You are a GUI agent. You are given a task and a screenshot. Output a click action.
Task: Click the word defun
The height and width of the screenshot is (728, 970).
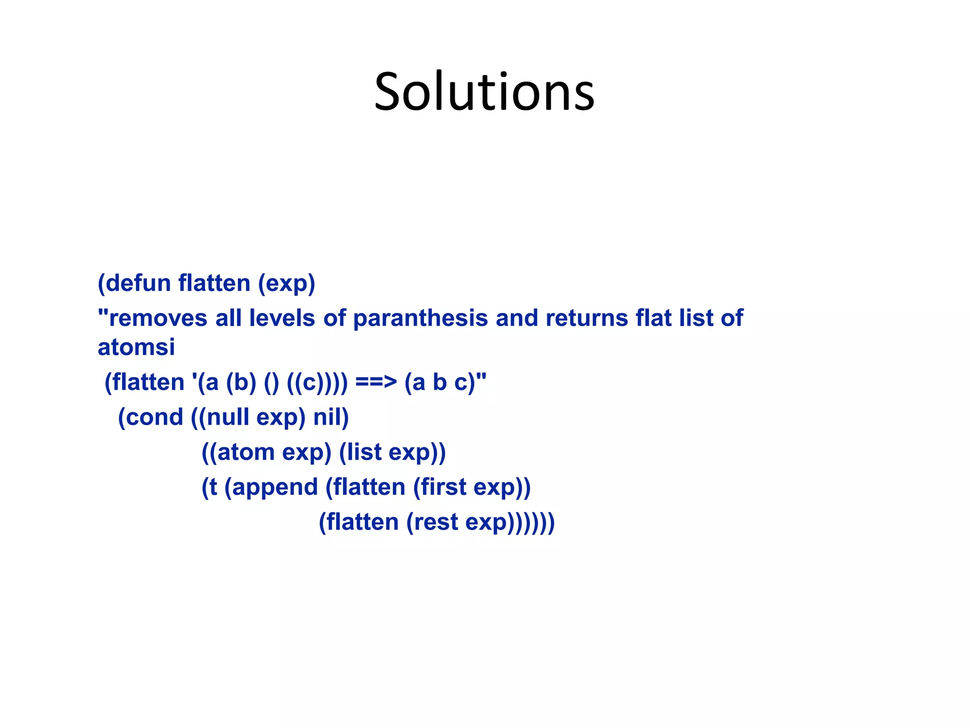[x=138, y=283]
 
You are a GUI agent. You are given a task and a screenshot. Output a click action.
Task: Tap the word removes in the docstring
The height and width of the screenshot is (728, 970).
[x=158, y=318]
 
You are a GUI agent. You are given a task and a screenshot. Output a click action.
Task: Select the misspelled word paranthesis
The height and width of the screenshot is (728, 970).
[x=421, y=318]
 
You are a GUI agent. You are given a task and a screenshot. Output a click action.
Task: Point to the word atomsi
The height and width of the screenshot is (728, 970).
[x=136, y=347]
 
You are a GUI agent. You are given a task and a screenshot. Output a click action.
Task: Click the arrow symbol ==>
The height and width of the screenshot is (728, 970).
[x=376, y=382]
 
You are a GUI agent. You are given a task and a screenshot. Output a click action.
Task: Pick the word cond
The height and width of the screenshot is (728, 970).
[x=153, y=418]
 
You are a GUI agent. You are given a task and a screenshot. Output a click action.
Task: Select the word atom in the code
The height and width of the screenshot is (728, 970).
[x=245, y=452]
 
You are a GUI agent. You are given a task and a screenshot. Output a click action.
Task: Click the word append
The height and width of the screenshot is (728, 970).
[x=275, y=487]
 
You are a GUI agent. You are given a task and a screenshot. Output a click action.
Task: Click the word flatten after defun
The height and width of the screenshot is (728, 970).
[x=214, y=283]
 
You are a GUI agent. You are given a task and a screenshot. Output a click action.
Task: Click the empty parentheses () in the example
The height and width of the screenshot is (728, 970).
[x=271, y=382]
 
